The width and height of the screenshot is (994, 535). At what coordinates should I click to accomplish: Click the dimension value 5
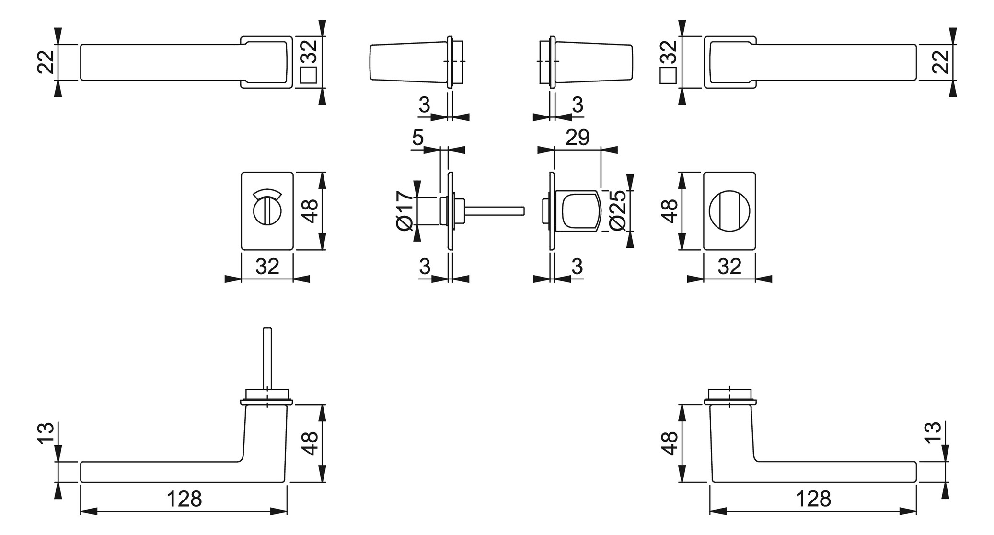418,138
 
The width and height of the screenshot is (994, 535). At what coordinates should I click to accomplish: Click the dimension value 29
577,138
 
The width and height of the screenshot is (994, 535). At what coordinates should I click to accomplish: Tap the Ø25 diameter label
618,211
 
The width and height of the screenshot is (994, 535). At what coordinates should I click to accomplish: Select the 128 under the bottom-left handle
184,499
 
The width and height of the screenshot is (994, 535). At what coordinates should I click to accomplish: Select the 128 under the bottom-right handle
813,499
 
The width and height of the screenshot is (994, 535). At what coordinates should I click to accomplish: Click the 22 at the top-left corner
46,62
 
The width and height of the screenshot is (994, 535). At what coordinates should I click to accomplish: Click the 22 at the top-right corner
941,62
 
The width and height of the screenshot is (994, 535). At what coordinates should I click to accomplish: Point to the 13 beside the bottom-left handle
46,433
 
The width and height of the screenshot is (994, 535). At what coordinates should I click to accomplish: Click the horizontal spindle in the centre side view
494,211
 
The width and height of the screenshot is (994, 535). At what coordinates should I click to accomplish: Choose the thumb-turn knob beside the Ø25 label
578,211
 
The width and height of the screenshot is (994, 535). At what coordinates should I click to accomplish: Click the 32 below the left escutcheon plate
267,267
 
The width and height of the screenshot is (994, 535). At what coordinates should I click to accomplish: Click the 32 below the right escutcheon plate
729,267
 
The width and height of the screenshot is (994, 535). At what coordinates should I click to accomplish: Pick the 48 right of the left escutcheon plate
311,211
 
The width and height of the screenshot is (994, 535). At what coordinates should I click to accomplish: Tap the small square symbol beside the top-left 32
309,75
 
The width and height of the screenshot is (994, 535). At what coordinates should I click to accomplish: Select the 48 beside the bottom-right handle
670,443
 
